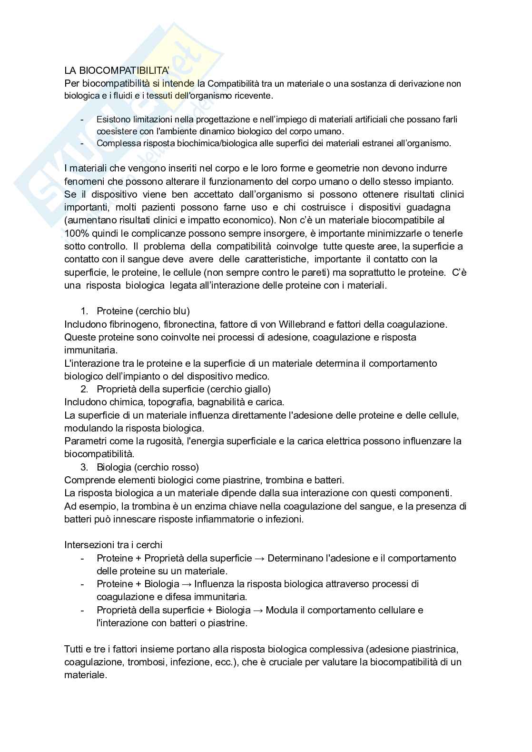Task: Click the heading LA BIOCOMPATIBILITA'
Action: [x=117, y=70]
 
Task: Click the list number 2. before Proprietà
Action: [x=84, y=389]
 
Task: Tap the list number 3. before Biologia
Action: [x=84, y=467]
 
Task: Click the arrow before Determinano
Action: [x=260, y=558]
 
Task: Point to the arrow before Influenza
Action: [x=187, y=584]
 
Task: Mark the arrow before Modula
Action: [x=258, y=610]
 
